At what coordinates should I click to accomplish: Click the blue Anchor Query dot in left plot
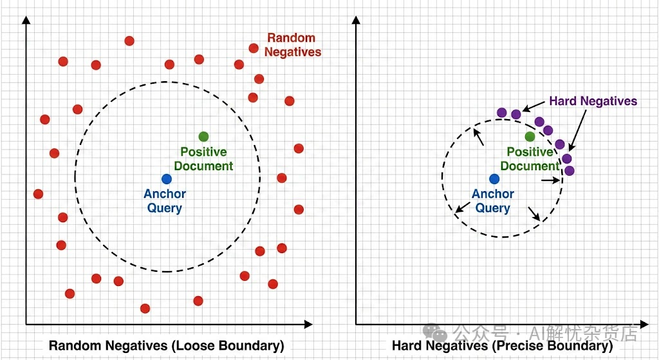[167, 179]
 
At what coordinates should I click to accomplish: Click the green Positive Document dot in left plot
[203, 136]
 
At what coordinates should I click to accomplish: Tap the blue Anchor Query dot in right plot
[494, 179]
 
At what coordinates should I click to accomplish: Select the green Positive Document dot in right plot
[530, 136]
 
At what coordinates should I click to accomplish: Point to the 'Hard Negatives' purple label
[593, 101]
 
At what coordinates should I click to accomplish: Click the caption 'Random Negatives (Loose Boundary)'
[167, 346]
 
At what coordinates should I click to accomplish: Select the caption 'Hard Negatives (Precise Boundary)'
[502, 346]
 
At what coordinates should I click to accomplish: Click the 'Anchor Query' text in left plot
[165, 200]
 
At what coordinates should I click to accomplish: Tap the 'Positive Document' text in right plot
[530, 158]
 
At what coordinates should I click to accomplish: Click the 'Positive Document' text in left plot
[203, 158]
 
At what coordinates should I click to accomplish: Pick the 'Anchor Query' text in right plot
[493, 200]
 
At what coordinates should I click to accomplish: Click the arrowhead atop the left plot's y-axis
[26, 19]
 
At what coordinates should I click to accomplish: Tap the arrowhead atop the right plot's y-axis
[355, 19]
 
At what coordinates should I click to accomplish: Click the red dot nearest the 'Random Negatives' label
[254, 48]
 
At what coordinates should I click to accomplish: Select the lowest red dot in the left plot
[145, 308]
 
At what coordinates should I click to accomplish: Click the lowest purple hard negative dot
[569, 171]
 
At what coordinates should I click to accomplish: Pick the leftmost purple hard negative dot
[502, 112]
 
